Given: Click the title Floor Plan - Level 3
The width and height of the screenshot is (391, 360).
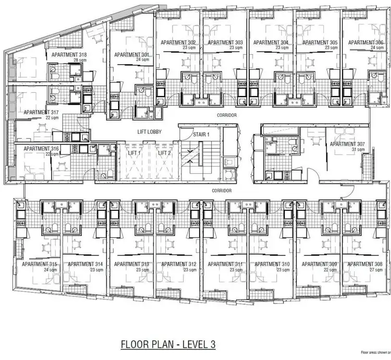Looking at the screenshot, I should pyautogui.click(x=167, y=344).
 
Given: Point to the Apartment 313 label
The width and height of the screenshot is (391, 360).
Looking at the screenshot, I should pyautogui.click(x=132, y=264).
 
